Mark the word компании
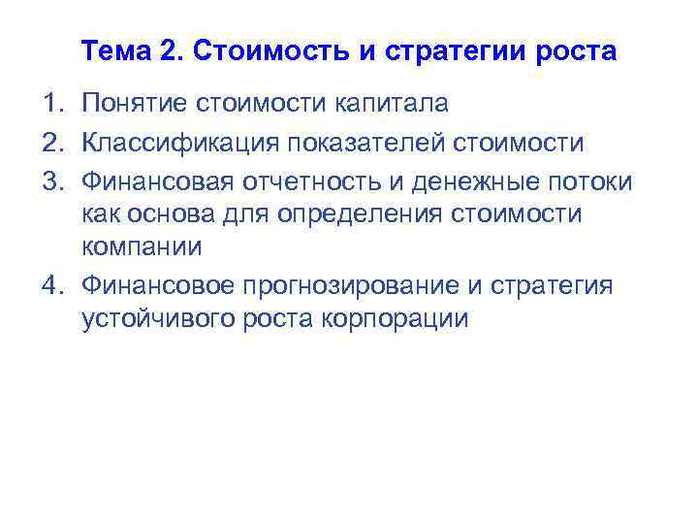tap(142, 246)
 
